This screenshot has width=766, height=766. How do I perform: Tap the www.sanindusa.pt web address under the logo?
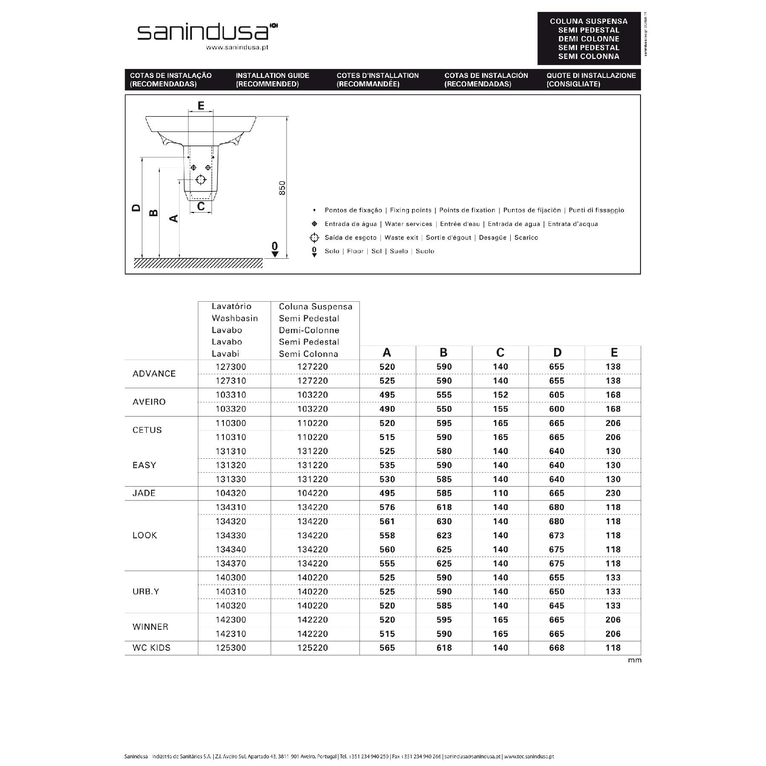tap(237, 48)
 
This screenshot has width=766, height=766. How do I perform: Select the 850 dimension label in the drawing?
tap(282, 188)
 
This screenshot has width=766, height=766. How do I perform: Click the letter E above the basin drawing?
tap(201, 106)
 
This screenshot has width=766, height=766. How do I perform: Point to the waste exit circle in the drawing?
tap(200, 180)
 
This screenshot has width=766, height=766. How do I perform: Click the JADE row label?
tap(144, 493)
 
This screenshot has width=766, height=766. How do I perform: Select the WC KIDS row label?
tap(151, 648)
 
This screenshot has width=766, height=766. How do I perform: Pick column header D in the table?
tap(557, 352)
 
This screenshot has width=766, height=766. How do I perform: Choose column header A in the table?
tap(386, 352)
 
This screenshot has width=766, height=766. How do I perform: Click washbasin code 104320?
tap(231, 493)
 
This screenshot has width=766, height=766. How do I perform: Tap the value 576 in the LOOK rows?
tap(387, 507)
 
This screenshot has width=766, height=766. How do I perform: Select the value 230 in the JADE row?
tap(613, 493)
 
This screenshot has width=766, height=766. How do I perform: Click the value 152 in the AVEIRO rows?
tap(500, 395)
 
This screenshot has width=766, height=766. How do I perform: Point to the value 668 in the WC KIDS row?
tap(557, 648)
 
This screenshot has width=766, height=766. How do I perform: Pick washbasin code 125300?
tap(231, 648)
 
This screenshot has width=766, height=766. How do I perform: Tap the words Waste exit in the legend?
tap(401, 237)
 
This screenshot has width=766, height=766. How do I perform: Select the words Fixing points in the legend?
tap(410, 210)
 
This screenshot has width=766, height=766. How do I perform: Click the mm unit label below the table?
tap(634, 660)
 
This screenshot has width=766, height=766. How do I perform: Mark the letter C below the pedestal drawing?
tap(201, 206)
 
